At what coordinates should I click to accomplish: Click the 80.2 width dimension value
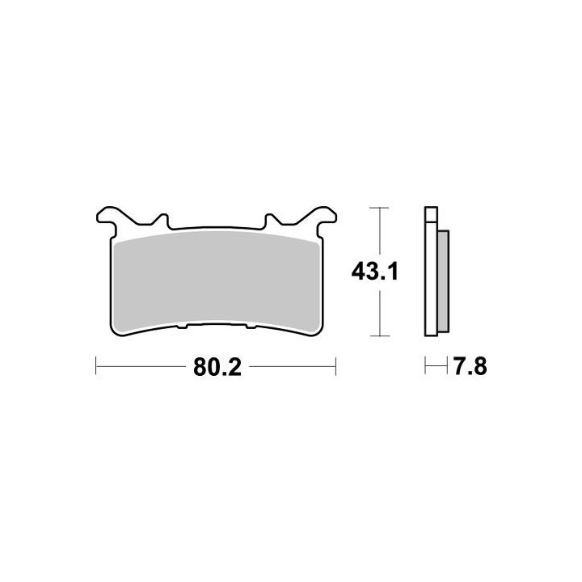(217, 368)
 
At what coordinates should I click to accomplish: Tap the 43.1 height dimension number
(375, 272)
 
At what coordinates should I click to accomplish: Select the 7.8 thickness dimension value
(470, 367)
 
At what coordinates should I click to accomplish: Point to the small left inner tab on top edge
(162, 221)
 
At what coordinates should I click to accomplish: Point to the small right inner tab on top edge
(271, 221)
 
